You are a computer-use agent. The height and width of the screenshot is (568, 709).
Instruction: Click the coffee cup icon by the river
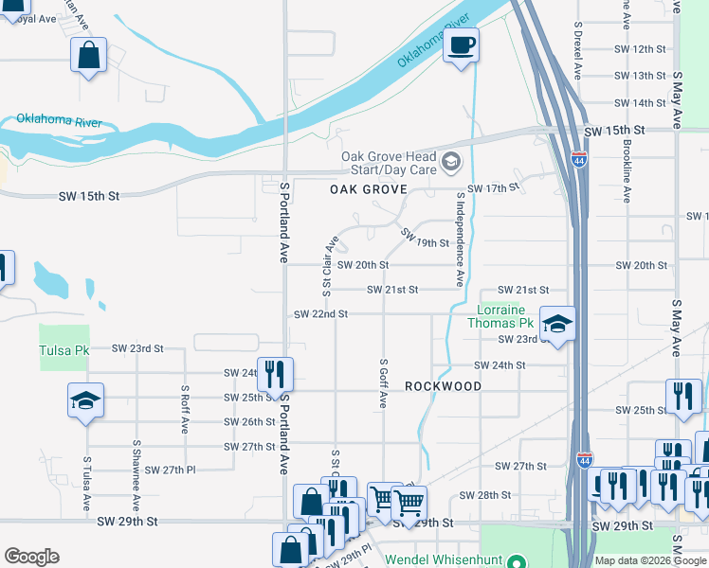click(461, 45)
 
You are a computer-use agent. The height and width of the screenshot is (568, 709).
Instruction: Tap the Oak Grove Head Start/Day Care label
click(389, 163)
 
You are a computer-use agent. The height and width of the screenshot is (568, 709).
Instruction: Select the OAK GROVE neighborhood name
click(368, 189)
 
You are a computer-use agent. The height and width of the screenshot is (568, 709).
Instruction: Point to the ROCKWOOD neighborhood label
click(443, 386)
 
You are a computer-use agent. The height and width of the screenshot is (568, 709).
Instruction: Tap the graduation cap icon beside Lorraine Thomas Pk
click(557, 324)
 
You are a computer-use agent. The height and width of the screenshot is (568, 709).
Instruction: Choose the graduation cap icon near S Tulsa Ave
click(85, 401)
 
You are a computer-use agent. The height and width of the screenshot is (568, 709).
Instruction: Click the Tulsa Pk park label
click(64, 350)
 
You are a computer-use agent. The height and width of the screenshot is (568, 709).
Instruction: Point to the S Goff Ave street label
click(384, 383)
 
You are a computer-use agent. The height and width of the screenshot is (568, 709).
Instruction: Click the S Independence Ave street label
click(460, 240)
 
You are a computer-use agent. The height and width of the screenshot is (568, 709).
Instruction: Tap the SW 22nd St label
click(321, 313)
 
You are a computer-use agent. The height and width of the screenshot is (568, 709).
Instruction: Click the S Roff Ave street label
click(185, 408)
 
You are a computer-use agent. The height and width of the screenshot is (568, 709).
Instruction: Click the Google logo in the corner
click(31, 557)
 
